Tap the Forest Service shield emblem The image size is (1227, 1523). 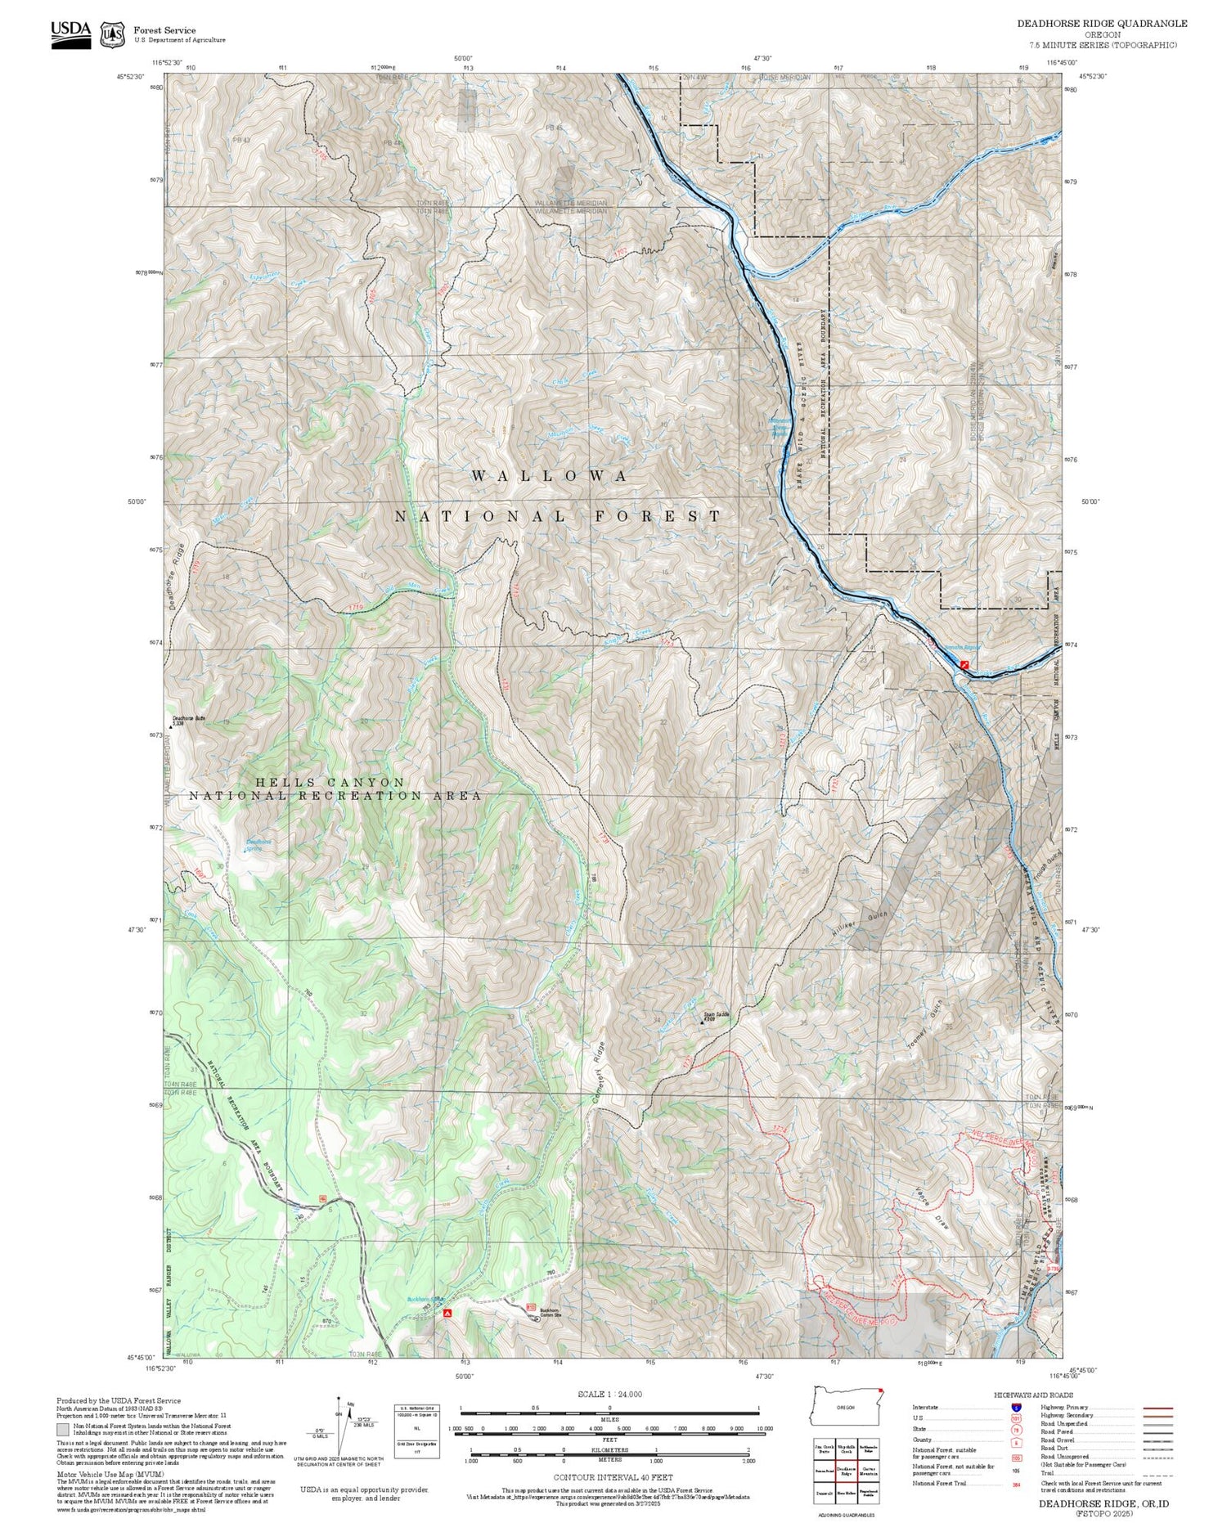(112, 35)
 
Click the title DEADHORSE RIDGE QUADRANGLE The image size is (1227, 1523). (1102, 24)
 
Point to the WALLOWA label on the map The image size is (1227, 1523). (550, 476)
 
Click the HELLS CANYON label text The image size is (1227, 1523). (330, 782)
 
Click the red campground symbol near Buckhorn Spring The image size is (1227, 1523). (447, 1313)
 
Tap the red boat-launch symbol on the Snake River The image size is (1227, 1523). (965, 665)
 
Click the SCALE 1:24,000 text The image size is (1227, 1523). (609, 1394)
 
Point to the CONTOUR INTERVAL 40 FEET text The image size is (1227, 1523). (613, 1477)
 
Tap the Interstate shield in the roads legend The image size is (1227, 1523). (1016, 1407)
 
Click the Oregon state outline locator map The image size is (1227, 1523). (846, 1408)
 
